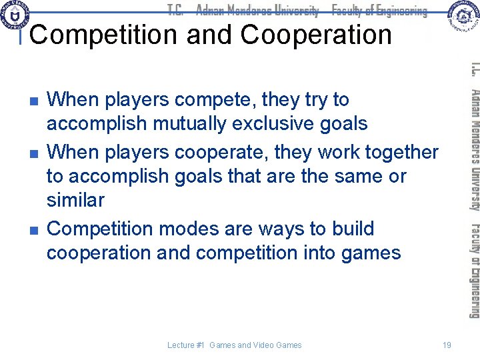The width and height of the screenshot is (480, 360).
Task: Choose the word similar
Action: pyautogui.click(x=75, y=200)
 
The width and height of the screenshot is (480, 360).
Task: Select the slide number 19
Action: pyautogui.click(x=447, y=345)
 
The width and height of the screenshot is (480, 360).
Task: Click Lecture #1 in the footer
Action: pyautogui.click(x=186, y=345)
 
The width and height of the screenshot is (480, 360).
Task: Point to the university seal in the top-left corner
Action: pyautogui.click(x=15, y=15)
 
